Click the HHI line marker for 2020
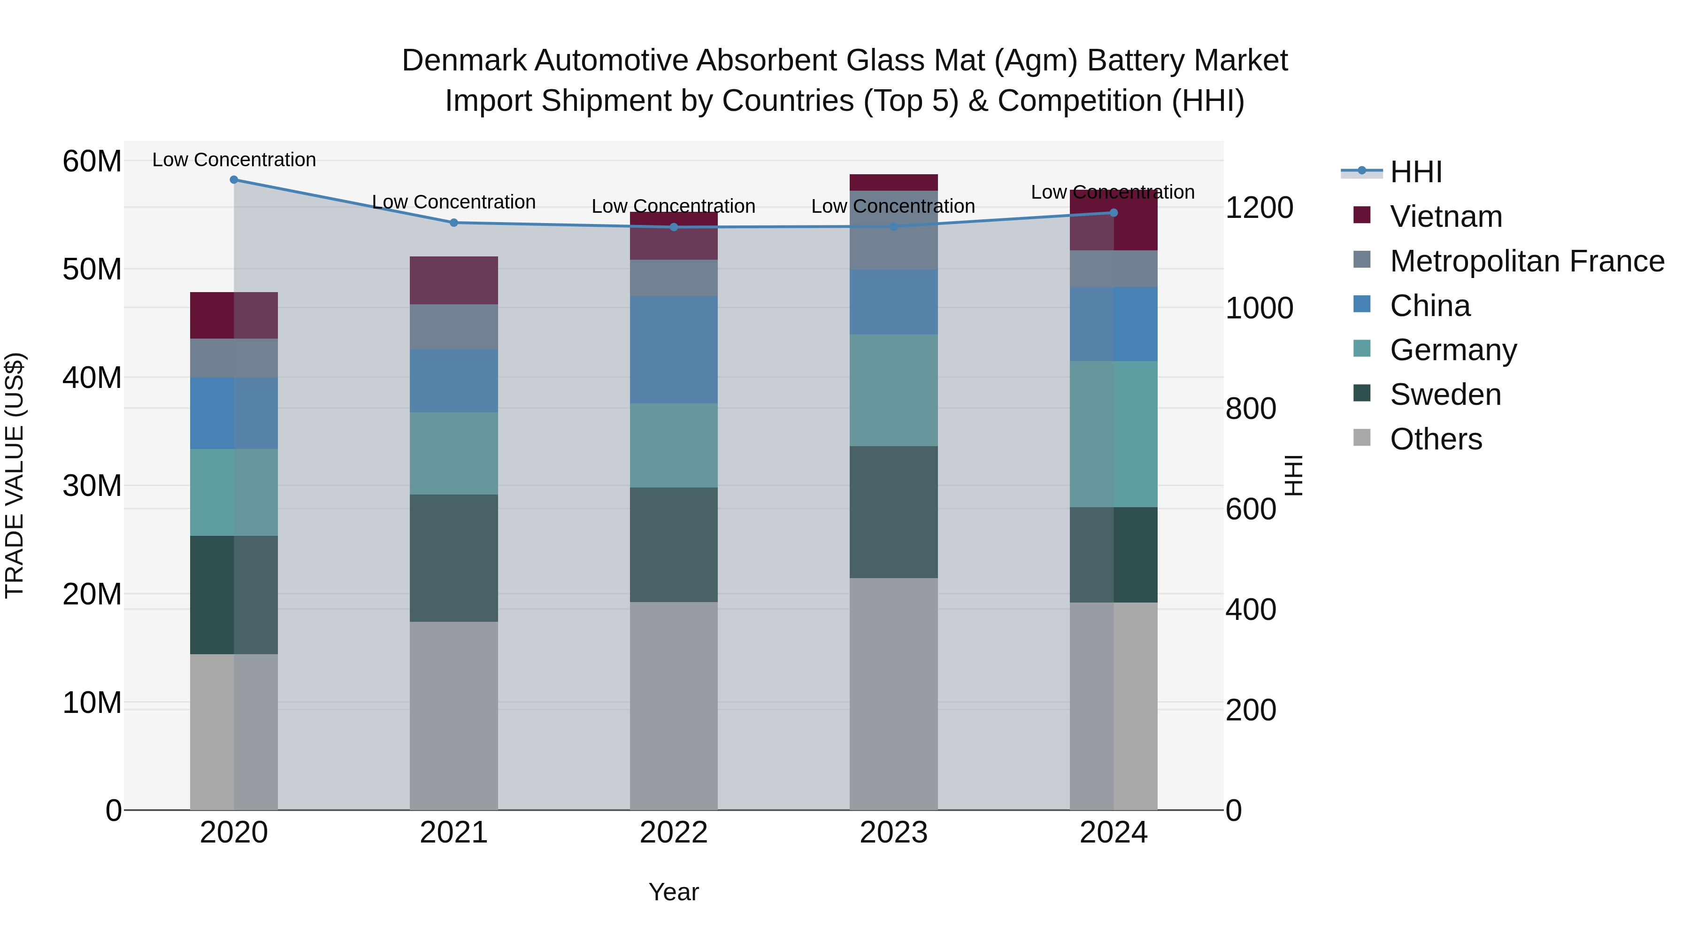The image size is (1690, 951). point(234,180)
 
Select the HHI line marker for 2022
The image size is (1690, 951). point(674,227)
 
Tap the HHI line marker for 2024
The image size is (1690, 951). point(1114,213)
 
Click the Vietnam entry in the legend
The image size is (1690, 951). point(1445,216)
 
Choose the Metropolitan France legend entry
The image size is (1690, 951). point(1526,261)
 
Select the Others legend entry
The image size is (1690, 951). point(1436,439)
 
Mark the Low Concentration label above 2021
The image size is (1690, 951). point(453,202)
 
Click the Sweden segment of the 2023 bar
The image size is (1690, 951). point(893,512)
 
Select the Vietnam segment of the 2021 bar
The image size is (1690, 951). point(453,280)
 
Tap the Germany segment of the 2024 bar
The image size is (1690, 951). point(1114,434)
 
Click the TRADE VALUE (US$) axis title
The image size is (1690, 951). point(15,475)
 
